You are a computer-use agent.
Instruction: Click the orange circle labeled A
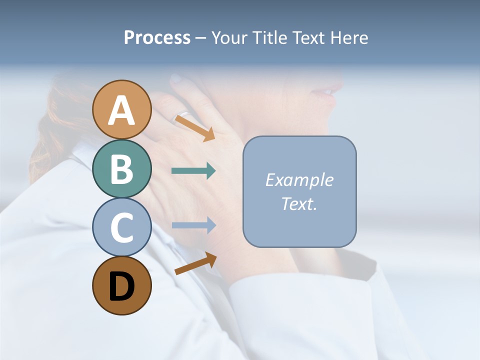[x=121, y=109]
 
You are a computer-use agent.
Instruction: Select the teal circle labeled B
[x=121, y=168]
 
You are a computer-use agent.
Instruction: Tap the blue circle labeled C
[x=121, y=227]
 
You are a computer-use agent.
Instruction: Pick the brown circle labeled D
[x=121, y=285]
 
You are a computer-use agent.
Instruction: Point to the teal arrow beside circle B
[x=193, y=171]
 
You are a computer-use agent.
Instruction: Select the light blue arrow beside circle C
[x=193, y=225]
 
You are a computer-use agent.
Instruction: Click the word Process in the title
[x=157, y=38]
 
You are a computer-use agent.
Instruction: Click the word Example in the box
[x=299, y=180]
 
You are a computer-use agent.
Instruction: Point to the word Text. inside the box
[x=299, y=203]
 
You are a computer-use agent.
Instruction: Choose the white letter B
[x=121, y=169]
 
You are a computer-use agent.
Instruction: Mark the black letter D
[x=121, y=286]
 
